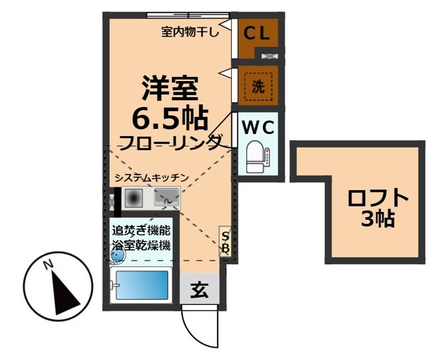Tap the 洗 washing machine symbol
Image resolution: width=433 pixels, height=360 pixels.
pos(258,84)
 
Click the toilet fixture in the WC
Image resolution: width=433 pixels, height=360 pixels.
pos(255,157)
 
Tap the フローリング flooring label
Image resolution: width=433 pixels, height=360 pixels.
pos(171,141)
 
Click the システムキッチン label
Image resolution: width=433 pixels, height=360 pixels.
pos(152,177)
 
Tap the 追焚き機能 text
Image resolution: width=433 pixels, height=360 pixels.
pos(141,231)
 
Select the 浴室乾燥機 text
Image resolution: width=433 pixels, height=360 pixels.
pos(141,245)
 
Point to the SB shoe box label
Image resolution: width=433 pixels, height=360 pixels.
pos(225,242)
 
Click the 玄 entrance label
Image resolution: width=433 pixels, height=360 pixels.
pos(199,290)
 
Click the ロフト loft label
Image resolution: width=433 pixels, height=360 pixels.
pos(378,198)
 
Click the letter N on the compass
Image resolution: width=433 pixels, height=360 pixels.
pos(48,264)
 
